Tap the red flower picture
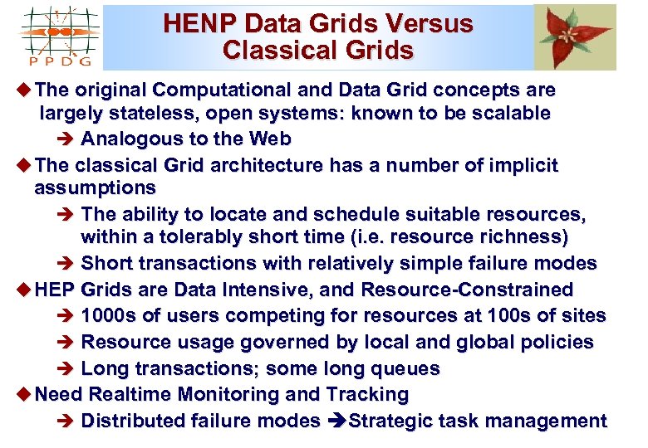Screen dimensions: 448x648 (x=575, y=37)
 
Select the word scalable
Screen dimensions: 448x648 (x=507, y=113)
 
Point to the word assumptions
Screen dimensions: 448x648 (x=95, y=188)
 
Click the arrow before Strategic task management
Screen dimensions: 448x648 (x=334, y=421)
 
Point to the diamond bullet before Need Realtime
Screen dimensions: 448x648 (x=23, y=394)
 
